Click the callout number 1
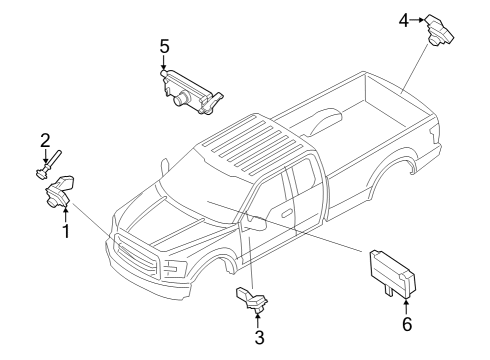click(x=66, y=232)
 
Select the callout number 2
click(x=45, y=140)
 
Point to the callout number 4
click(x=404, y=18)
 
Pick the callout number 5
click(x=165, y=45)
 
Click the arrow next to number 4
click(x=419, y=18)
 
